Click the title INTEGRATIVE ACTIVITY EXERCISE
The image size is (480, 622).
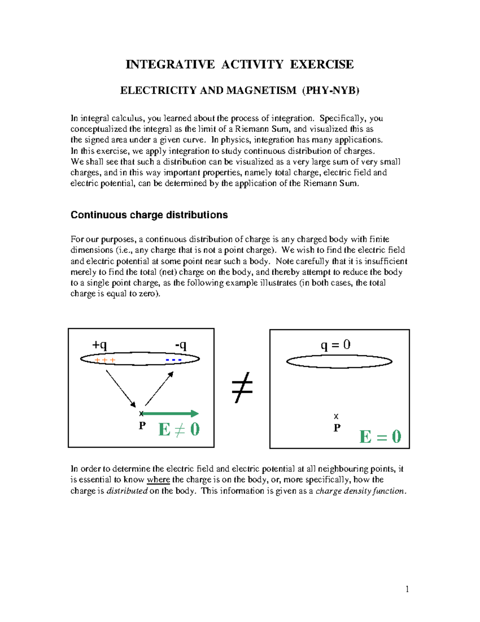pyautogui.click(x=240, y=64)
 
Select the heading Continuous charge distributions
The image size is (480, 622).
pyautogui.click(x=149, y=215)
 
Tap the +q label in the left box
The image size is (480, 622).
pyautogui.click(x=100, y=345)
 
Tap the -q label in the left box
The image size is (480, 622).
pyautogui.click(x=181, y=345)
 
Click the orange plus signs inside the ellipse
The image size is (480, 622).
pyautogui.click(x=105, y=360)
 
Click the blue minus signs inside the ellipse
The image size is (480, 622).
pyautogui.click(x=174, y=360)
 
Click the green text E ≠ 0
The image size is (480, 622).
pyautogui.click(x=179, y=430)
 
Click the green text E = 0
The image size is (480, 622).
pyautogui.click(x=380, y=437)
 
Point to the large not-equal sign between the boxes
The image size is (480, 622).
pyautogui.click(x=242, y=387)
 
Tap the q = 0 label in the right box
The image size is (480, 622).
pyautogui.click(x=336, y=345)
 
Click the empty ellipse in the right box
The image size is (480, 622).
pyautogui.click(x=339, y=362)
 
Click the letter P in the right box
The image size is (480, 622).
pyautogui.click(x=337, y=428)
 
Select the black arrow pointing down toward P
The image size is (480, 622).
pyautogui.click(x=121, y=388)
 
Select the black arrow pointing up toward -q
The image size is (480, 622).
pyautogui.click(x=159, y=388)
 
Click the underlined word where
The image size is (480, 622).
pyautogui.click(x=158, y=480)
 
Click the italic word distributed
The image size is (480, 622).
pyautogui.click(x=127, y=491)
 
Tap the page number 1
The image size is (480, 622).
pyautogui.click(x=407, y=589)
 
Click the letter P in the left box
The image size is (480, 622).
pyautogui.click(x=142, y=425)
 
